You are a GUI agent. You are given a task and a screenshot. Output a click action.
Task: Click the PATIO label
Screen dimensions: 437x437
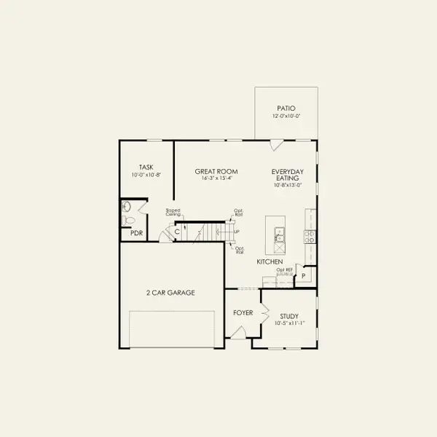click(286, 107)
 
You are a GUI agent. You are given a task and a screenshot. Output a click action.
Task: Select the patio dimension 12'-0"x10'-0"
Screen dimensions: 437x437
click(286, 115)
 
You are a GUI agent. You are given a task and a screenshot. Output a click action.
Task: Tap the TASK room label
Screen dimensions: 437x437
click(146, 166)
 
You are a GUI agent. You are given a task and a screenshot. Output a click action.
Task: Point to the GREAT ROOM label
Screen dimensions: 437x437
click(212, 172)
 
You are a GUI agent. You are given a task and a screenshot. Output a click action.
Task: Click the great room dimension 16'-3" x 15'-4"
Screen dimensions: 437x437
click(212, 179)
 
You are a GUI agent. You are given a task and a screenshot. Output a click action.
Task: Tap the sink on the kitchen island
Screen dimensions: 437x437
click(278, 234)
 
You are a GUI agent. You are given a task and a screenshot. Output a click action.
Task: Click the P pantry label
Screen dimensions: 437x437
click(304, 276)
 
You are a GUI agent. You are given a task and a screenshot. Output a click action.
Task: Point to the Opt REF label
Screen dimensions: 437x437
click(283, 269)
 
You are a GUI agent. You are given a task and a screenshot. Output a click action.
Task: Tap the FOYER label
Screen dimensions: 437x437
click(243, 312)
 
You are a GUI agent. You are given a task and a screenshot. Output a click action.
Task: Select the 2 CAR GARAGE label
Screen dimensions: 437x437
click(170, 292)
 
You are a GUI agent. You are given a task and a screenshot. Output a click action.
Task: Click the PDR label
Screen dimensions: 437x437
click(135, 233)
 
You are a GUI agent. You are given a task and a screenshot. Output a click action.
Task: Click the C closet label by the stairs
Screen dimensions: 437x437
click(177, 232)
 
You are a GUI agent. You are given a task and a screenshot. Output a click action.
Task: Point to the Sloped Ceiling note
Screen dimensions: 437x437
click(173, 213)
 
